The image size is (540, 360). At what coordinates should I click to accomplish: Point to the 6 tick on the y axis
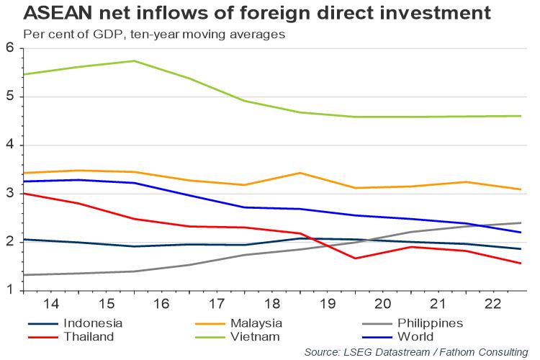click(10, 48)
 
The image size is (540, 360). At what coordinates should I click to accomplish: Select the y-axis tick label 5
click(10, 97)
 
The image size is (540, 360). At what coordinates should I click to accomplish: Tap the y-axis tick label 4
click(10, 145)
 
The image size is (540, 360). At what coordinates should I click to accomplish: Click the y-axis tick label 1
click(10, 291)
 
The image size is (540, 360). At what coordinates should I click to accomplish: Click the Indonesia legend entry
click(93, 323)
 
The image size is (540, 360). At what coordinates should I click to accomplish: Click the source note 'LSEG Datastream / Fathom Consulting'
click(415, 351)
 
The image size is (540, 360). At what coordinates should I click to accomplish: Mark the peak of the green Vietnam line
click(135, 61)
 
